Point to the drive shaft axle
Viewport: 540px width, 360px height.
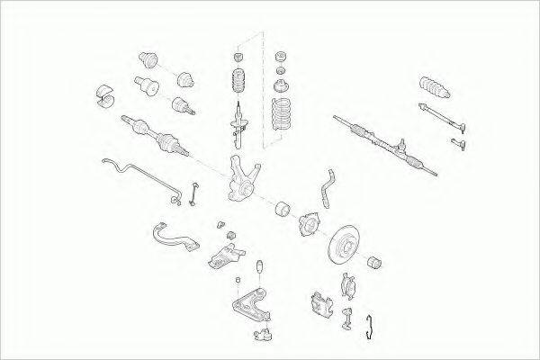(x=158, y=135)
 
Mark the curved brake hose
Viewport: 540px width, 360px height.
(x=325, y=184)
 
